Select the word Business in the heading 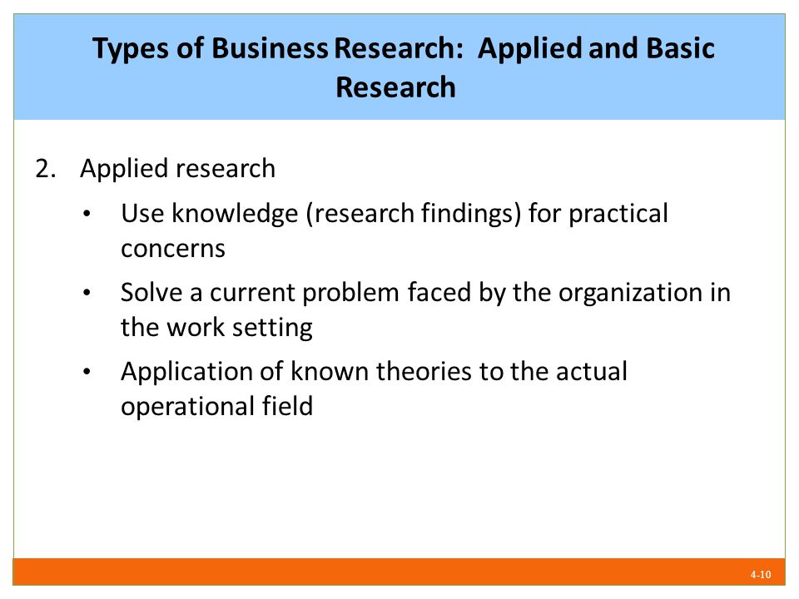pyautogui.click(x=270, y=48)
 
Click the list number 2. pyautogui.click(x=45, y=169)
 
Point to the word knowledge pyautogui.click(x=235, y=214)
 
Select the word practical pyautogui.click(x=618, y=214)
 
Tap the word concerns pyautogui.click(x=173, y=249)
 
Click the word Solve pyautogui.click(x=151, y=292)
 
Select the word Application pyautogui.click(x=186, y=373)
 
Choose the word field pyautogui.click(x=287, y=406)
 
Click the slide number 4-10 pyautogui.click(x=760, y=575)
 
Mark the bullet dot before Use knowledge pyautogui.click(x=87, y=214)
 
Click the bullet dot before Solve pyautogui.click(x=87, y=293)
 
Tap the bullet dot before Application pyautogui.click(x=87, y=372)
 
